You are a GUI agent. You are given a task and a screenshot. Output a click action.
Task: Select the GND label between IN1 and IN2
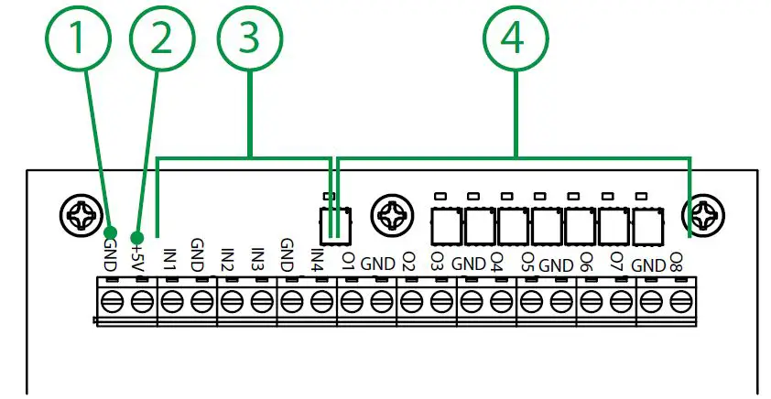tap(197, 252)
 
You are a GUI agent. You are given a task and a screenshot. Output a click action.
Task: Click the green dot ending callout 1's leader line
tap(110, 231)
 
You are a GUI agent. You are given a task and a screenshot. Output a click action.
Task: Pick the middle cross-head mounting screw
tap(389, 217)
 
